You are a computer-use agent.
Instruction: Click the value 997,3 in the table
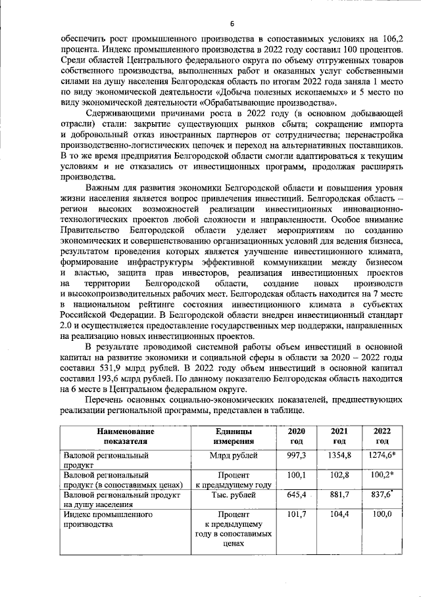(295, 454)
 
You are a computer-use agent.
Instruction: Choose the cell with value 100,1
(296, 474)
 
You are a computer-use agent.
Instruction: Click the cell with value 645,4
(296, 493)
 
